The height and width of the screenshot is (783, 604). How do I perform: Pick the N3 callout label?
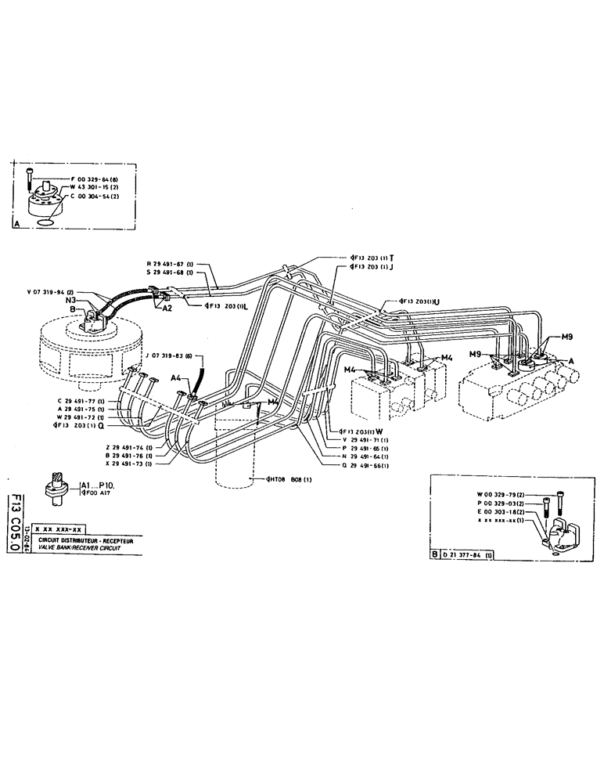pyautogui.click(x=70, y=301)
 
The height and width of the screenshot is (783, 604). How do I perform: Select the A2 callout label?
pyautogui.click(x=167, y=309)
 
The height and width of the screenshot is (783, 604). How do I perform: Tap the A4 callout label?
pyautogui.click(x=176, y=379)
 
